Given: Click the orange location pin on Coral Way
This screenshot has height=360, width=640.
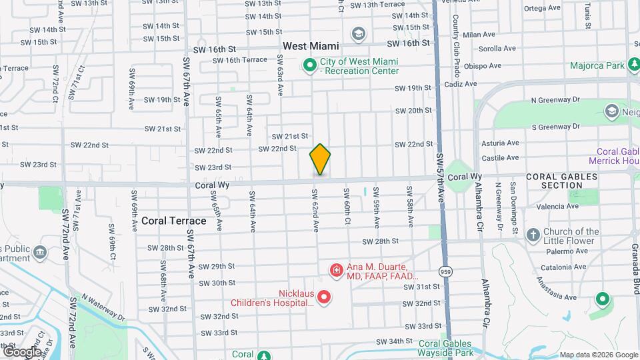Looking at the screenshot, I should (320, 159).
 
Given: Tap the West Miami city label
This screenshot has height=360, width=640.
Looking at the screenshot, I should (311, 46).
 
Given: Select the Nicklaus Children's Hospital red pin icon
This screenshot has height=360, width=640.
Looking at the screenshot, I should (324, 297).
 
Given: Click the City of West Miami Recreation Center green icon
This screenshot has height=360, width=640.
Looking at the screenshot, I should (309, 65).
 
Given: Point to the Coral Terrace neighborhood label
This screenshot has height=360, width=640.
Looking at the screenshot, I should (173, 221).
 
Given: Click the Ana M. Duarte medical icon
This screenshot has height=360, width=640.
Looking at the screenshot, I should (337, 271).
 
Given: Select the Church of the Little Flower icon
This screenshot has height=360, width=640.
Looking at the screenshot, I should (533, 235).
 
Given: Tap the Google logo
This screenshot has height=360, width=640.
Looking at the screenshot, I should (22, 351).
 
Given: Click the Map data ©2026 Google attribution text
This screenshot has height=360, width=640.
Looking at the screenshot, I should (598, 354).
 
